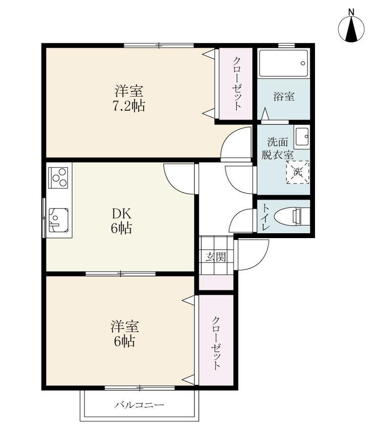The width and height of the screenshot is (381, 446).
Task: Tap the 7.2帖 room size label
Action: [129, 106]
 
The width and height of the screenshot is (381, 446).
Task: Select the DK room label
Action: [122, 213]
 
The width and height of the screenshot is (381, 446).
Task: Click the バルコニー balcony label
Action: [139, 405]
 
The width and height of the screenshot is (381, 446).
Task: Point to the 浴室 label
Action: [284, 97]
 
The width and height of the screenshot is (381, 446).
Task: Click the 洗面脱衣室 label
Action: [277, 148]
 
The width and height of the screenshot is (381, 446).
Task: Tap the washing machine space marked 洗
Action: [297, 172]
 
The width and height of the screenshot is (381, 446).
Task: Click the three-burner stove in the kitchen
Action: [59, 178]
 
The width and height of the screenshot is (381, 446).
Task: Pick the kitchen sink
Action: [59, 220]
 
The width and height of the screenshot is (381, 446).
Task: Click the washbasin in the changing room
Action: [302, 137]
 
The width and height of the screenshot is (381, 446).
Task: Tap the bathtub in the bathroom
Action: [284, 63]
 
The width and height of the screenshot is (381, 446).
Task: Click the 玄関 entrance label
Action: [216, 257]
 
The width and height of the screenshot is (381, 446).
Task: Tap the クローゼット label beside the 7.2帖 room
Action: [237, 83]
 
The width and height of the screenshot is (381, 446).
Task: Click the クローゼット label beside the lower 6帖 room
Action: [216, 343]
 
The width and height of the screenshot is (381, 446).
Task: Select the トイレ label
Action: [266, 217]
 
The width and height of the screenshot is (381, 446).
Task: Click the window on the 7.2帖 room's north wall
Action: [159, 45]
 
